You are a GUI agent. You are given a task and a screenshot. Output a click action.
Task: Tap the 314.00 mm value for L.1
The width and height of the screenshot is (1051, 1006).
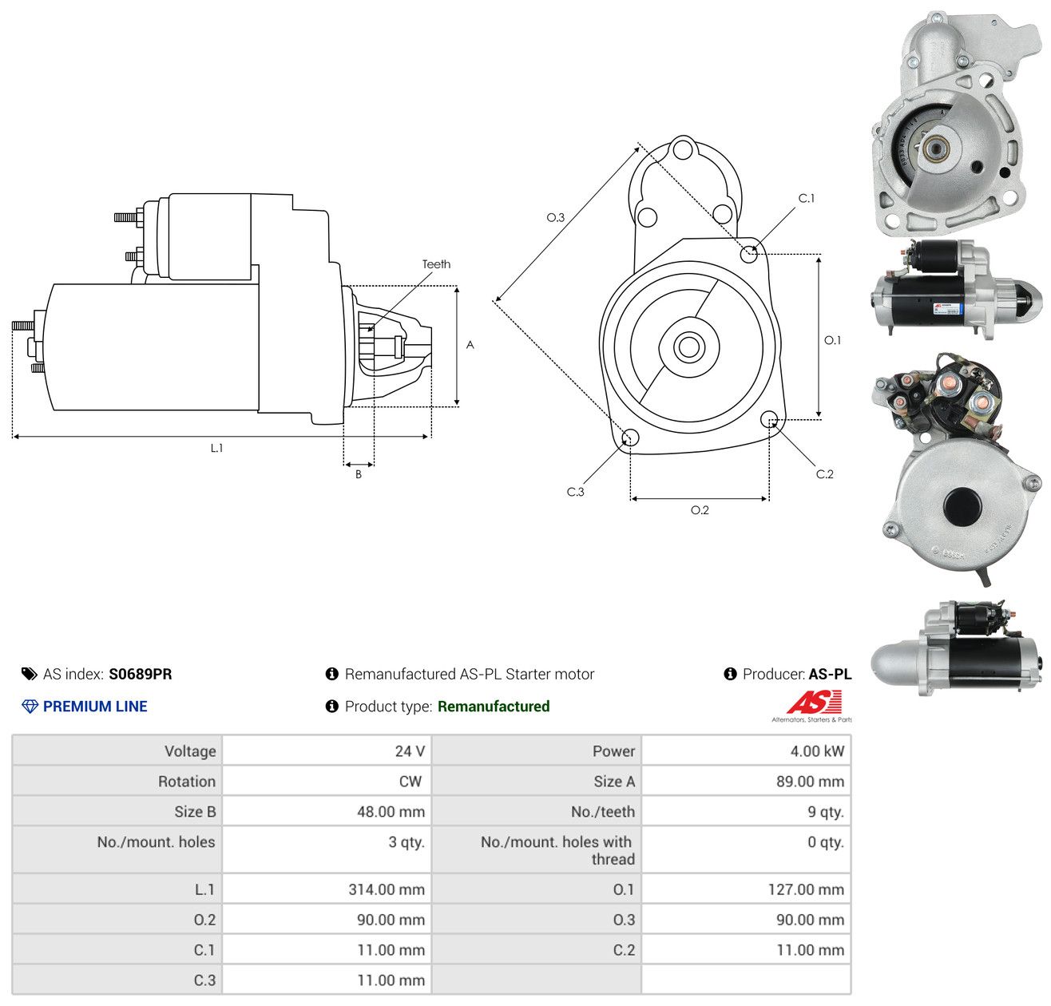coord(387,889)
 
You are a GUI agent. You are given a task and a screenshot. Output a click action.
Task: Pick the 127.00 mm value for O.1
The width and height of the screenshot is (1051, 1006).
coord(806,889)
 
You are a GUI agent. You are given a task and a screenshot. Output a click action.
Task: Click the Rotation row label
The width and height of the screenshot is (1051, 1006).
coord(186,782)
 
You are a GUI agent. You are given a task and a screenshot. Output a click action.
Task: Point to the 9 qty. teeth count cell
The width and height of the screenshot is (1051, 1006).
coord(825,812)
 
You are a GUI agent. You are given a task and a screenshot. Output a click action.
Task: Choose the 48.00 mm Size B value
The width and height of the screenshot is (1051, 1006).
coord(391,812)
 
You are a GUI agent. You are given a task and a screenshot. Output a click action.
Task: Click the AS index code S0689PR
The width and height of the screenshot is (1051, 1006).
coord(141,674)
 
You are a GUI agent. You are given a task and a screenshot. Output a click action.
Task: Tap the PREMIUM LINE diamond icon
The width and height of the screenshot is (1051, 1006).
coord(30,707)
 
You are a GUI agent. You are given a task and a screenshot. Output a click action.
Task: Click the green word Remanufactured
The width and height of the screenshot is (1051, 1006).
coord(493,707)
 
